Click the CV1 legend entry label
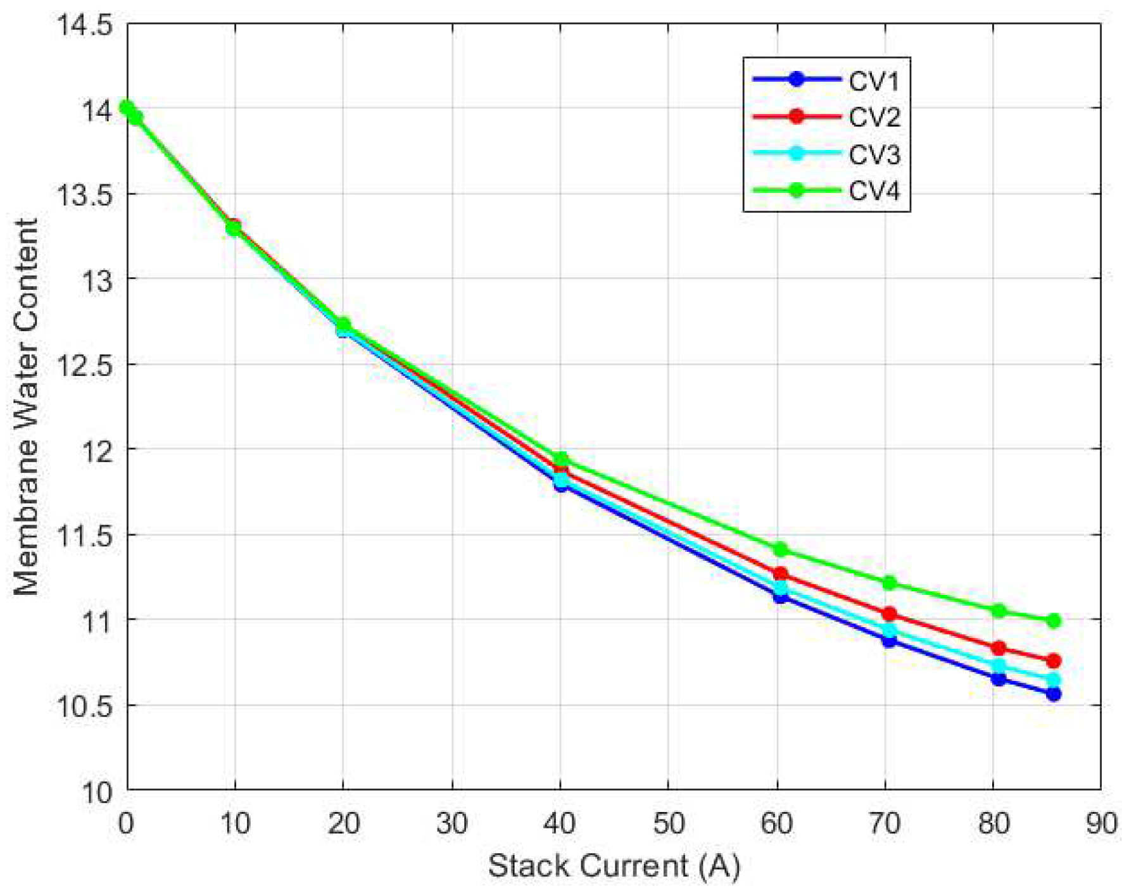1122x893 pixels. pyautogui.click(x=874, y=81)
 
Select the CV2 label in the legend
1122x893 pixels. pyautogui.click(x=874, y=118)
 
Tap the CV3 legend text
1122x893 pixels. pyautogui.click(x=874, y=154)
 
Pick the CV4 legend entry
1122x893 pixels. pyautogui.click(x=874, y=191)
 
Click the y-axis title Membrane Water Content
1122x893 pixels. pyautogui.click(x=27, y=407)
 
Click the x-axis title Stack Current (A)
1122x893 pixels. pyautogui.click(x=614, y=866)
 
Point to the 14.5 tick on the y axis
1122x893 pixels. pyautogui.click(x=84, y=26)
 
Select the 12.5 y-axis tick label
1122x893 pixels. pyautogui.click(x=84, y=365)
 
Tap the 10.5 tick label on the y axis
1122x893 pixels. pyautogui.click(x=84, y=706)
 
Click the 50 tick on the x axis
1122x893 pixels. pyautogui.click(x=669, y=823)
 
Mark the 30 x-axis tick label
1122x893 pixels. pyautogui.click(x=452, y=823)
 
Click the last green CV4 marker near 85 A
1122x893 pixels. pyautogui.click(x=1054, y=621)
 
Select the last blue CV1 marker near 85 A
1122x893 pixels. pyautogui.click(x=1054, y=694)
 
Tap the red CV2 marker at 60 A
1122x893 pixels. pyautogui.click(x=781, y=574)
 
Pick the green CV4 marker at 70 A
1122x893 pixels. pyautogui.click(x=890, y=582)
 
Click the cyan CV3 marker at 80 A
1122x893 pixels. pyautogui.click(x=999, y=665)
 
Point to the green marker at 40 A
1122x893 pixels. pyautogui.click(x=561, y=459)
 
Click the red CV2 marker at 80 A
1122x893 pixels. pyautogui.click(x=999, y=648)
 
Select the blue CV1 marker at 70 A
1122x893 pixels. pyautogui.click(x=890, y=640)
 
